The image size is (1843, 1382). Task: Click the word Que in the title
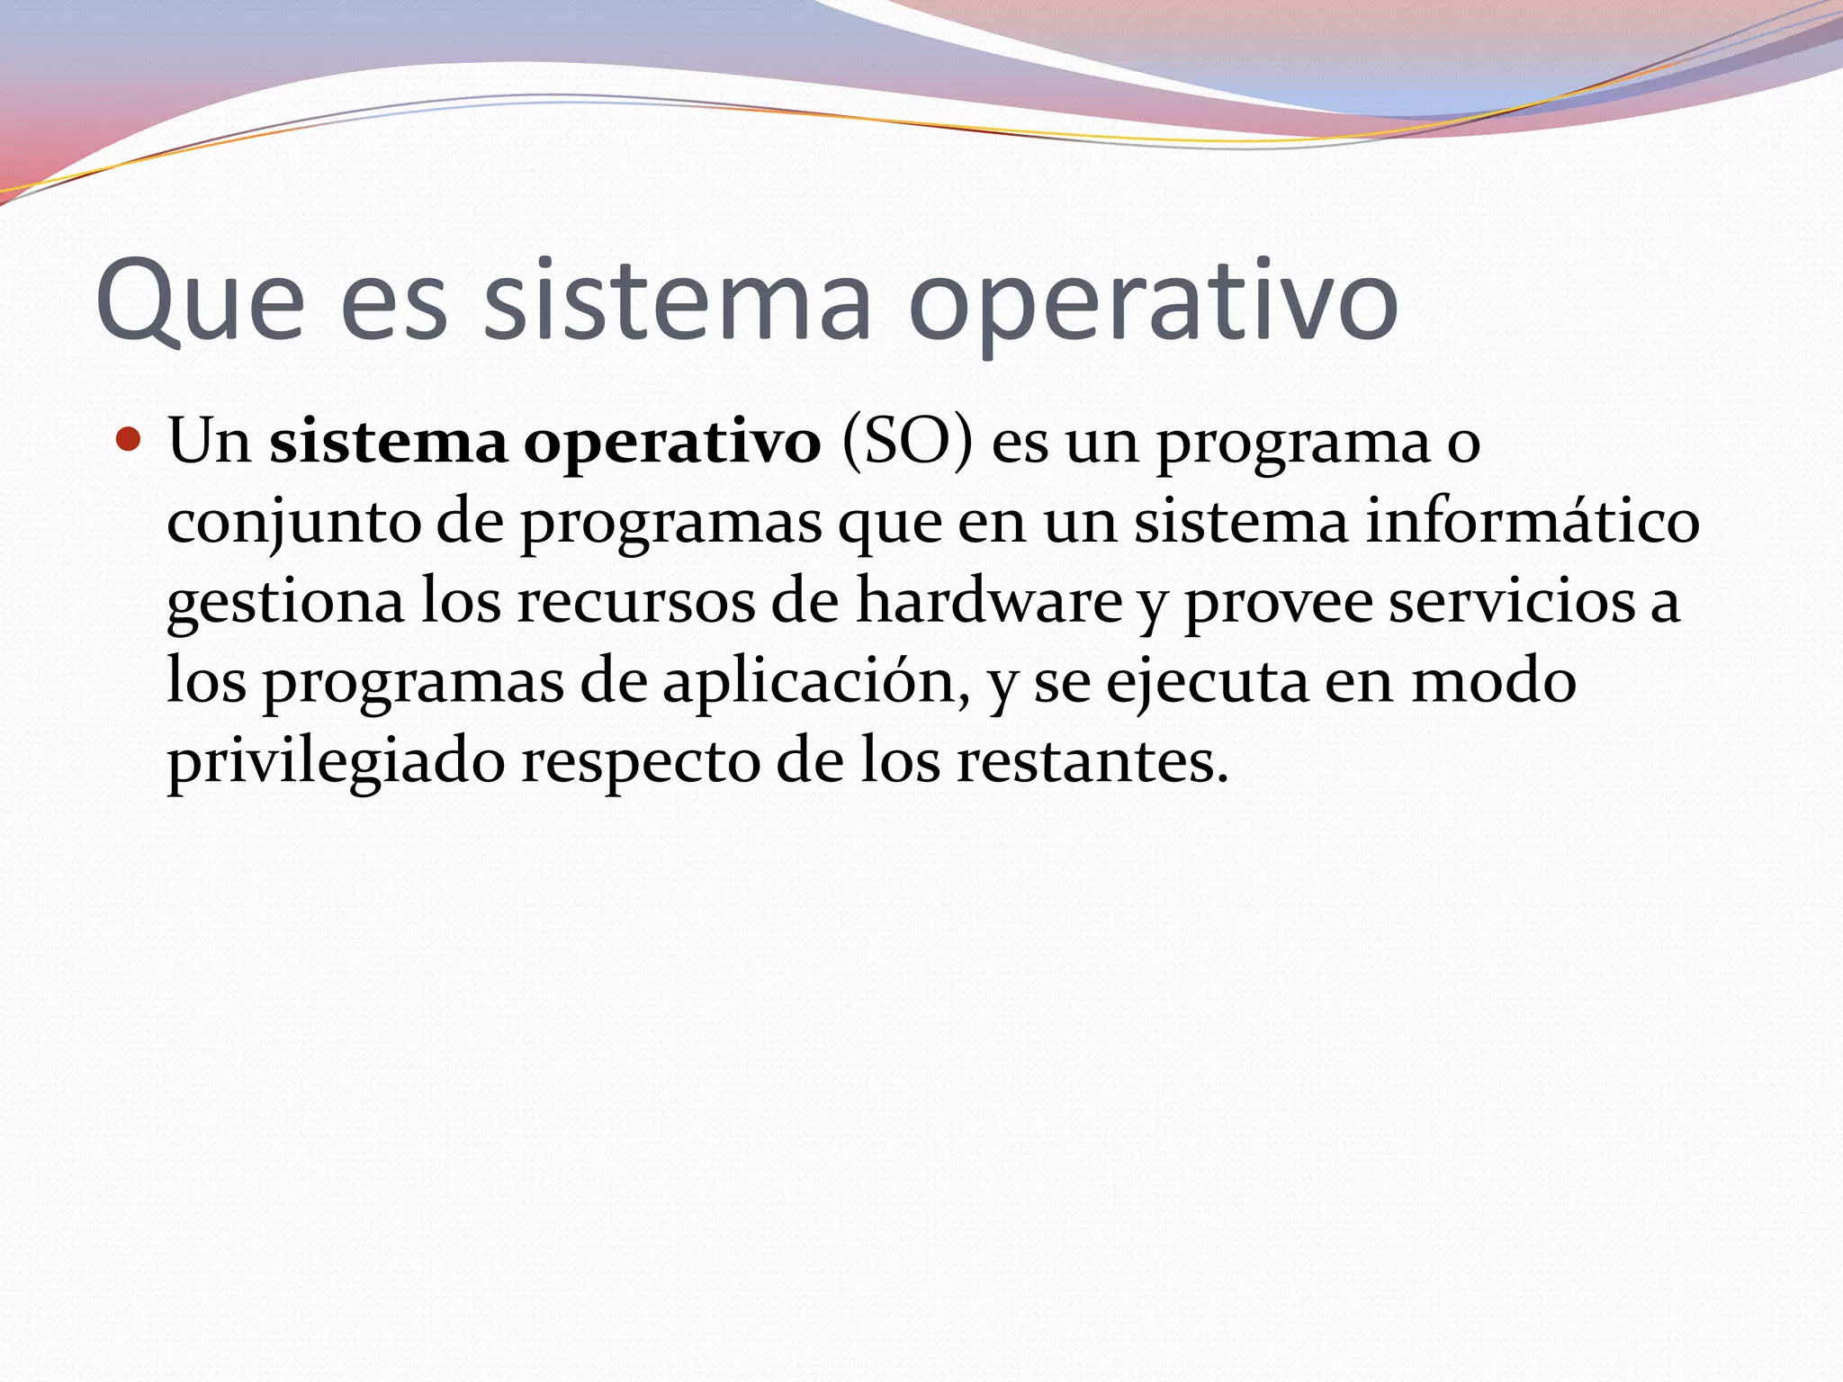pyautogui.click(x=200, y=301)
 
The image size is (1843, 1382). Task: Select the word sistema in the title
pyautogui.click(x=678, y=301)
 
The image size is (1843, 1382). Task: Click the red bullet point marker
pyautogui.click(x=130, y=441)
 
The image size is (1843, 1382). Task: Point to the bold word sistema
pyautogui.click(x=388, y=443)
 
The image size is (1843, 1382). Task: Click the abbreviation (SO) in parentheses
pyautogui.click(x=907, y=443)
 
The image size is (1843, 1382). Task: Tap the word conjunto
pyautogui.click(x=293, y=524)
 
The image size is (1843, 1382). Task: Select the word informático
pyautogui.click(x=1532, y=522)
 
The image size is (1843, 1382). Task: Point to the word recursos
pyautogui.click(x=635, y=601)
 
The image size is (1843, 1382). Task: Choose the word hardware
pyautogui.click(x=988, y=601)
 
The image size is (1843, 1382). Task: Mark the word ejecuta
pyautogui.click(x=1207, y=682)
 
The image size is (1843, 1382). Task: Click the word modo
pyautogui.click(x=1493, y=682)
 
